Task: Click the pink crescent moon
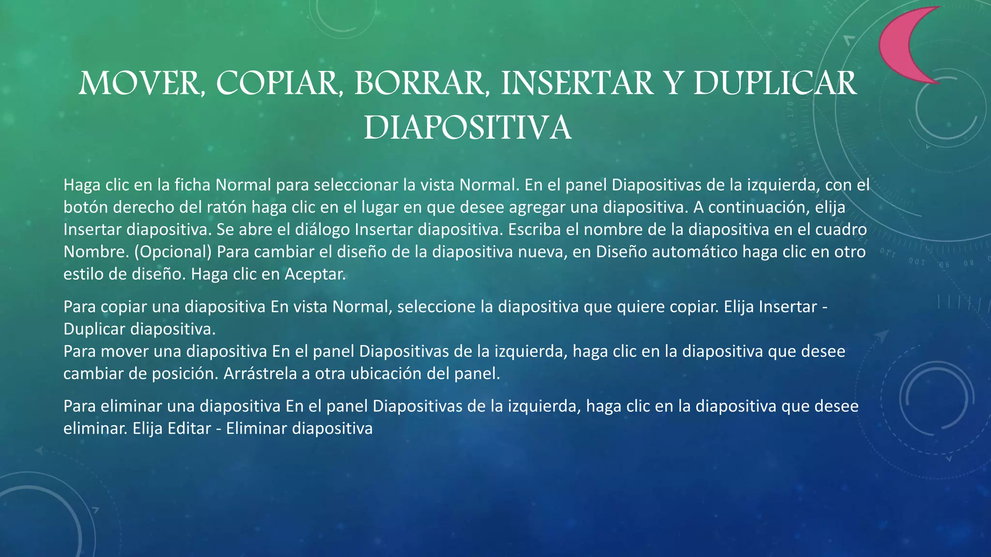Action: [900, 46]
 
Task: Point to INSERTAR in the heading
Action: [576, 83]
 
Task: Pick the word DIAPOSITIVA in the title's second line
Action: [467, 128]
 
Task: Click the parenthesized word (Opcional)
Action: [173, 251]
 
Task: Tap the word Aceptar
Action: [315, 274]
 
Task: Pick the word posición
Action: [185, 374]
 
